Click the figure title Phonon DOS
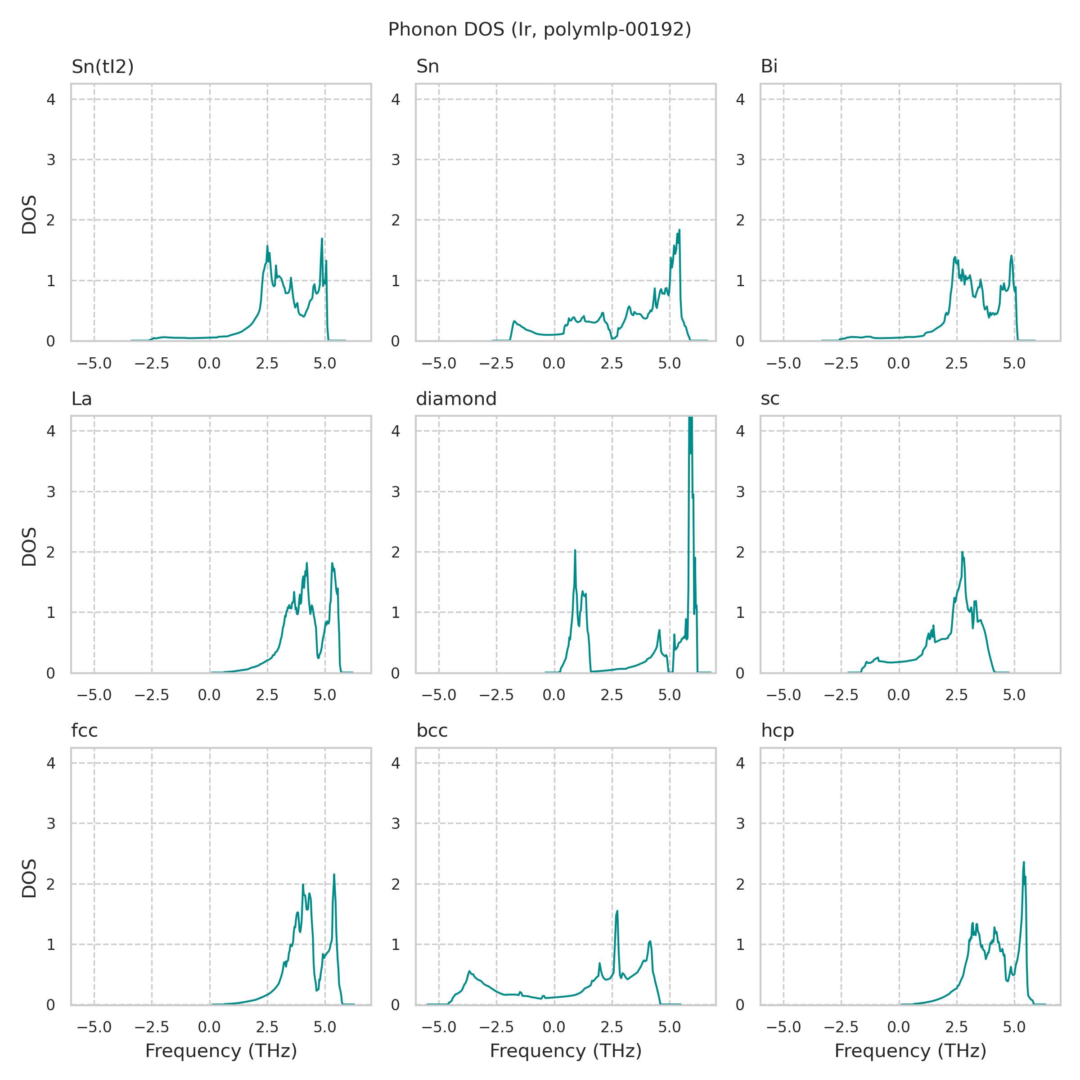[540, 30]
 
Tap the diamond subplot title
[456, 399]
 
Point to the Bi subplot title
[769, 67]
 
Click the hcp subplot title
[778, 731]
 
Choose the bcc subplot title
[432, 731]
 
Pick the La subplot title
[81, 399]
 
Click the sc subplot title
[770, 399]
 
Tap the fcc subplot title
[85, 731]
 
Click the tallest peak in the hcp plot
[1024, 863]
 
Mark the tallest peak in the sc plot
[962, 552]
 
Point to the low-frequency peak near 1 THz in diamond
[575, 551]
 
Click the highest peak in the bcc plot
[617, 911]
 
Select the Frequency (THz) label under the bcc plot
[565, 1051]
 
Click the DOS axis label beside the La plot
[29, 546]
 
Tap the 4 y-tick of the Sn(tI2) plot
[51, 99]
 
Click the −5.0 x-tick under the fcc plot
[94, 1027]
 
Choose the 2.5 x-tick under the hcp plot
[956, 1027]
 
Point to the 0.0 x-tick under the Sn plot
[554, 363]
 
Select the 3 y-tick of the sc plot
[740, 492]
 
